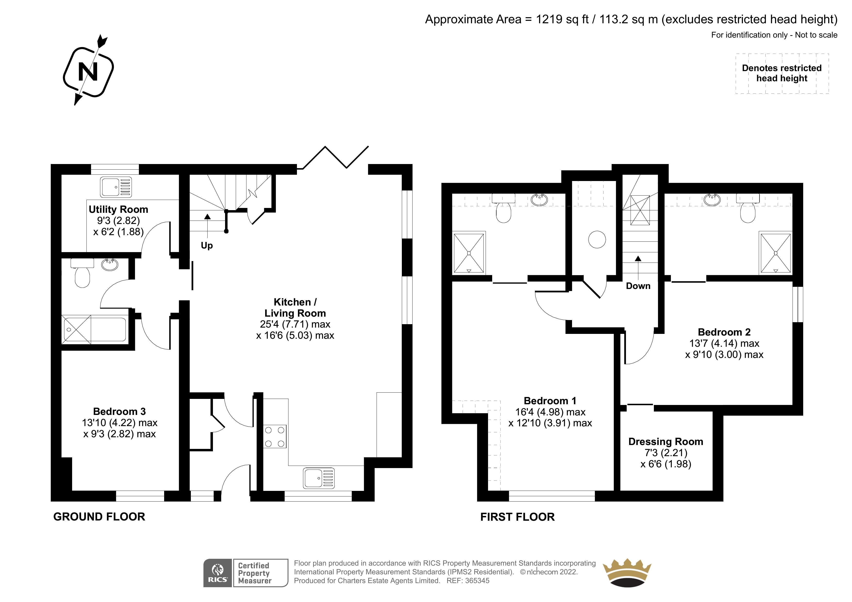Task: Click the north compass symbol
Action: tap(88, 70)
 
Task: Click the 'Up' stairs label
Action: tap(207, 246)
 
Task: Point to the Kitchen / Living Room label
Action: tap(295, 307)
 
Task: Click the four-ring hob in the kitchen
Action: tap(275, 437)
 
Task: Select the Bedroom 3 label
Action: tap(119, 411)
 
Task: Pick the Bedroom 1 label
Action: tap(550, 401)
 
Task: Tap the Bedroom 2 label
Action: tap(724, 332)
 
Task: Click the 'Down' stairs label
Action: tap(638, 286)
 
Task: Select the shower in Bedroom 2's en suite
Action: tap(776, 253)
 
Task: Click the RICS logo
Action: tap(218, 573)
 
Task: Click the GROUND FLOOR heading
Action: tap(99, 517)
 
